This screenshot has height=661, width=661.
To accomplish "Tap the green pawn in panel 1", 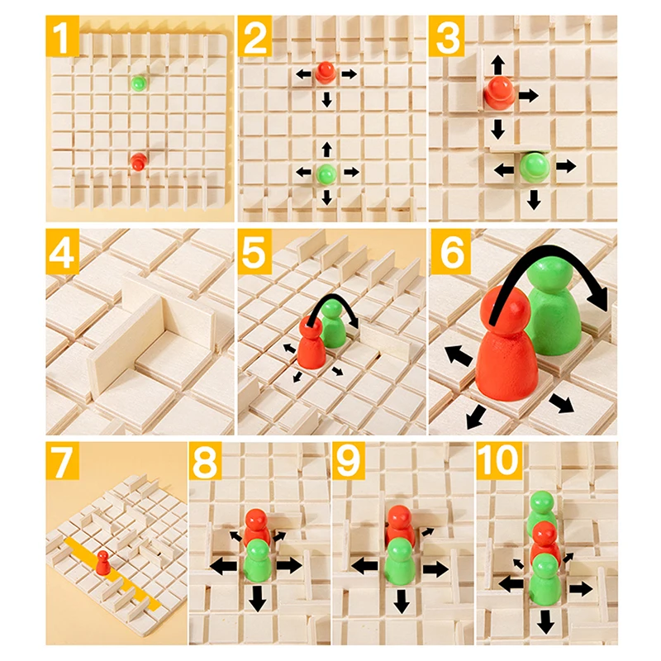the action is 138,83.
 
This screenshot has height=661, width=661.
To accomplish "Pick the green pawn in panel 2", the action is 327,174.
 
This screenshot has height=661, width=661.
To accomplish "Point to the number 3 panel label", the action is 450,37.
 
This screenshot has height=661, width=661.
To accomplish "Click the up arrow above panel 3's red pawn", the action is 497,64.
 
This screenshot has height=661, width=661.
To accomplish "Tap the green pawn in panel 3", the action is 534,167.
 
